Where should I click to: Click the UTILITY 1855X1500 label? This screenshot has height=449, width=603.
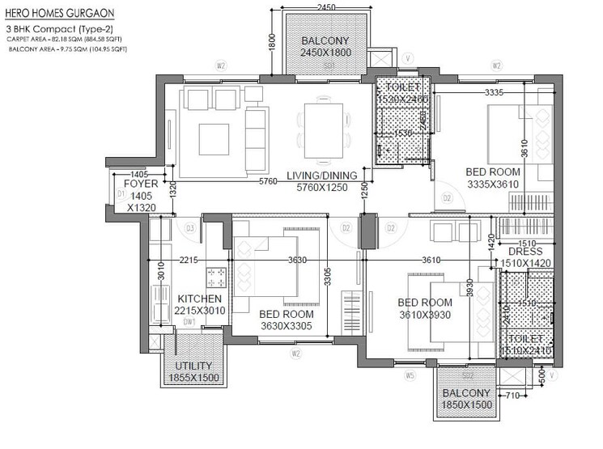[193, 372]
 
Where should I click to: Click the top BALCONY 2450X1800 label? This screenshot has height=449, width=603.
[324, 46]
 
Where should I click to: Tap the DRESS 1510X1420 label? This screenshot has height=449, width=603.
[525, 256]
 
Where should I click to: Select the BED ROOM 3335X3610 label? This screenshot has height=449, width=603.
[493, 178]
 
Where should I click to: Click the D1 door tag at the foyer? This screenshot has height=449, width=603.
[120, 194]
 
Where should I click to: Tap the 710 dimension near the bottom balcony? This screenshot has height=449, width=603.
[512, 397]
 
